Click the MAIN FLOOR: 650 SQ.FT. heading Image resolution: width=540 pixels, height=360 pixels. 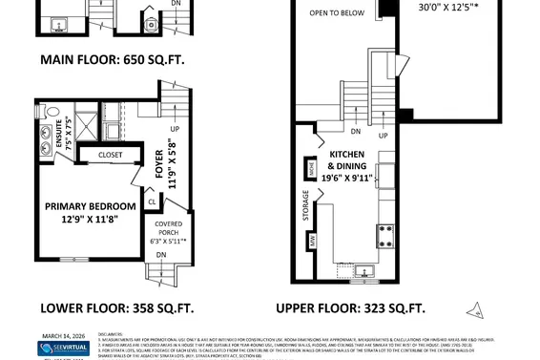[112, 60]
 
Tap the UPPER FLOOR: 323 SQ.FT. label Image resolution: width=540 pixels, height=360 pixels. [350, 307]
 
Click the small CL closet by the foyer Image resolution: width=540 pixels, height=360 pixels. [152, 201]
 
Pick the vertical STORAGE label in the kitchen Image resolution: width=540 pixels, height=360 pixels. [305, 205]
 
